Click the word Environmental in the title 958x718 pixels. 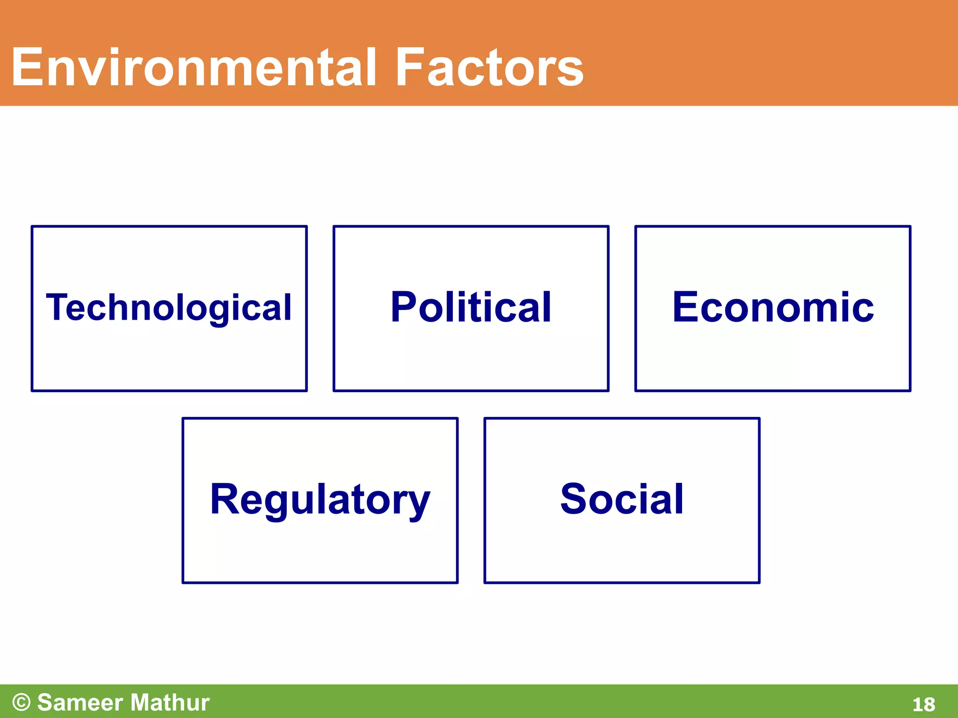click(194, 68)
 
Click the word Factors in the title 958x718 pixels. click(489, 68)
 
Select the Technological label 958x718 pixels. click(169, 308)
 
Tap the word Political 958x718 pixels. click(471, 308)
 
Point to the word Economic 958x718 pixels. click(773, 308)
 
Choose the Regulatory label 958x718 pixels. click(320, 499)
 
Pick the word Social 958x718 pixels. click(622, 499)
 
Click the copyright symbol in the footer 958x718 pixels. click(22, 703)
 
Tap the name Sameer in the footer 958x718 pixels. click(80, 703)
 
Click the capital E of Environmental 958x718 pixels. click(27, 68)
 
